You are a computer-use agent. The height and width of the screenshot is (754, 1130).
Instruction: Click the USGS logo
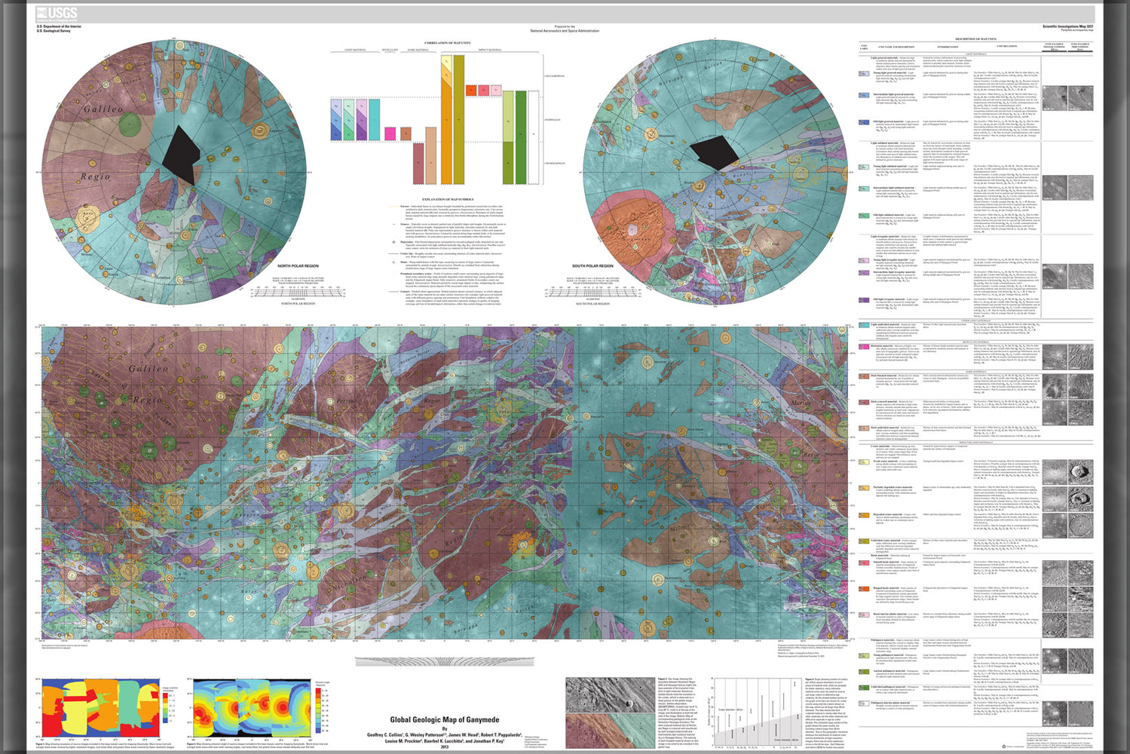pyautogui.click(x=57, y=13)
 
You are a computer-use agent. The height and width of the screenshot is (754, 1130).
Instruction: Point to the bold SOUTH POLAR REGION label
pyautogui.click(x=593, y=266)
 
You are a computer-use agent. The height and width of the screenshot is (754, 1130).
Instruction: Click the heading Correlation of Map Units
pyautogui.click(x=447, y=44)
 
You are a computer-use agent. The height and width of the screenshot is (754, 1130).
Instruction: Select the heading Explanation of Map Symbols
pyautogui.click(x=447, y=199)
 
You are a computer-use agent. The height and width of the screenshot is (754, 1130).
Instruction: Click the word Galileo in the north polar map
pyautogui.click(x=103, y=109)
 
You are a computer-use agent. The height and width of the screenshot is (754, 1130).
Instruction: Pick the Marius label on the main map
pyautogui.click(x=801, y=403)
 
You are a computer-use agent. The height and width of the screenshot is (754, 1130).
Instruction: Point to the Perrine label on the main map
pyautogui.click(x=346, y=401)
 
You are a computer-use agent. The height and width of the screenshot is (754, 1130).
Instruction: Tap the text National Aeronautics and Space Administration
pyautogui.click(x=565, y=31)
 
